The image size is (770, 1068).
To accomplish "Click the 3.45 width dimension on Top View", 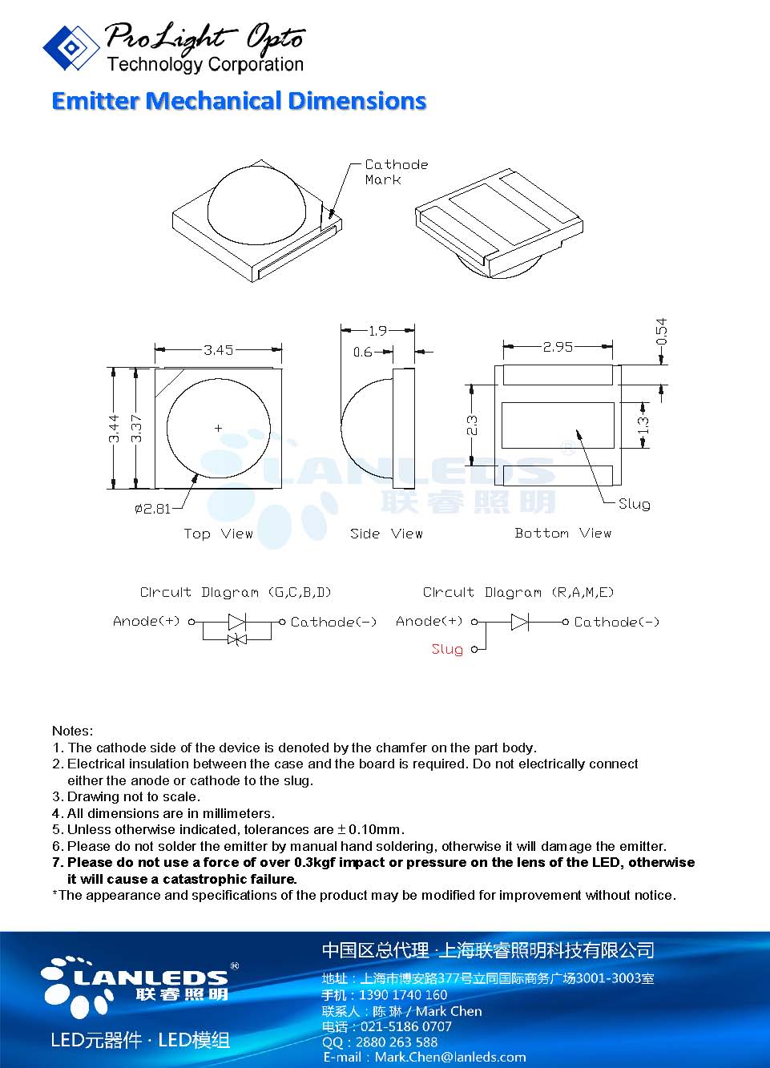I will click(x=218, y=350).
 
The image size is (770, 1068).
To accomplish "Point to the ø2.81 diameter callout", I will click(x=152, y=509).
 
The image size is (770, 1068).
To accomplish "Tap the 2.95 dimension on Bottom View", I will click(x=558, y=347).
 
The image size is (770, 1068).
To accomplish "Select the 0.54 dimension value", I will click(x=661, y=332).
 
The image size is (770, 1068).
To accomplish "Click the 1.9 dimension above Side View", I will click(x=377, y=330).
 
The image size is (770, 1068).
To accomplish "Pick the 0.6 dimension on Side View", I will click(x=362, y=352).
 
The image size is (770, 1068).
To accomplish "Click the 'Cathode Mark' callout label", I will click(x=396, y=171).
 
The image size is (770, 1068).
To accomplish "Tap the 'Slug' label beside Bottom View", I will click(x=634, y=504).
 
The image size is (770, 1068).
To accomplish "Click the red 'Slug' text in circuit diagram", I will click(x=447, y=649).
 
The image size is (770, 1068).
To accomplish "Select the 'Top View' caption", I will click(x=218, y=534).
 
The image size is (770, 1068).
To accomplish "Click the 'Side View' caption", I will click(x=386, y=534).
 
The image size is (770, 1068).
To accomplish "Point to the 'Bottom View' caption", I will click(x=562, y=533).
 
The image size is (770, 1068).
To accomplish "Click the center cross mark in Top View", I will click(x=218, y=428).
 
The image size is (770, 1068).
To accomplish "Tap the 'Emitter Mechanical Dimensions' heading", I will click(x=239, y=101).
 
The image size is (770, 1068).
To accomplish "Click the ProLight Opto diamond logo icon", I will click(x=71, y=47).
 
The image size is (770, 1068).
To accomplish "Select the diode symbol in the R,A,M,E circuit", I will click(x=519, y=622).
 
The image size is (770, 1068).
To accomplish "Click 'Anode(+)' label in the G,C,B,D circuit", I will click(x=147, y=621).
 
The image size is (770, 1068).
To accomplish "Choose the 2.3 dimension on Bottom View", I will click(x=473, y=425).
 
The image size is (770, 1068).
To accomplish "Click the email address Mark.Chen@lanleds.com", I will click(x=450, y=1057).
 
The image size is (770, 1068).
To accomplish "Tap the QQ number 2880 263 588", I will click(x=391, y=1042).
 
